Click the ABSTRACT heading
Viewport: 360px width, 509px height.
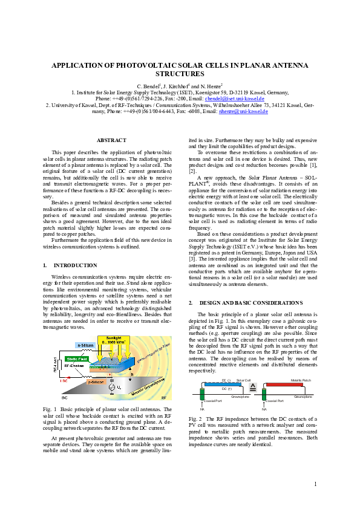[x=111, y=140]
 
